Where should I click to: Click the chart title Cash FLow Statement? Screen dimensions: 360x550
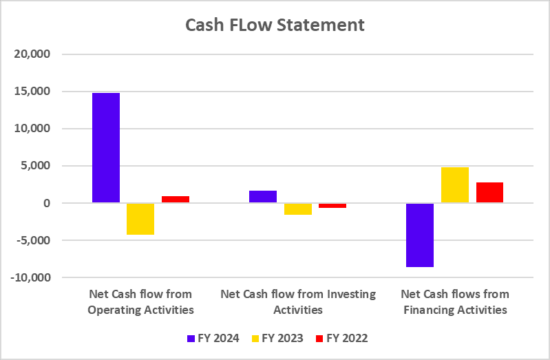pyautogui.click(x=275, y=25)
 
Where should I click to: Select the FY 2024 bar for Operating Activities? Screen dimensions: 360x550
pyautogui.click(x=105, y=148)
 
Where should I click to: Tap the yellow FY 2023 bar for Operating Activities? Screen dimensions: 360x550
pyautogui.click(x=140, y=219)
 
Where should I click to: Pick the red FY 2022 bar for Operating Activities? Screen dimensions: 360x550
pyautogui.click(x=175, y=200)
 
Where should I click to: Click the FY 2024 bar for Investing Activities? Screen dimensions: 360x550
pyautogui.click(x=262, y=197)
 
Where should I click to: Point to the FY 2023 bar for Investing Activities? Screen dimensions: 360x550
pyautogui.click(x=297, y=209)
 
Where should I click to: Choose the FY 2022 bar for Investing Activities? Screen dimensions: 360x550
pyautogui.click(x=332, y=205)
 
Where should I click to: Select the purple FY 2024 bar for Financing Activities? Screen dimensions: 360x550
pyautogui.click(x=419, y=235)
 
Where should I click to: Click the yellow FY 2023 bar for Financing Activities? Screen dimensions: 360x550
pyautogui.click(x=454, y=185)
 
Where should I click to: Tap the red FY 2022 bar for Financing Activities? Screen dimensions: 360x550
pyautogui.click(x=489, y=193)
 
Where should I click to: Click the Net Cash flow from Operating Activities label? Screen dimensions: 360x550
pyautogui.click(x=140, y=301)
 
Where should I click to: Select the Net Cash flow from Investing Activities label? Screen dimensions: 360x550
pyautogui.click(x=298, y=301)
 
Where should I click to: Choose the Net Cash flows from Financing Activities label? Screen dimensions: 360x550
pyautogui.click(x=454, y=301)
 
